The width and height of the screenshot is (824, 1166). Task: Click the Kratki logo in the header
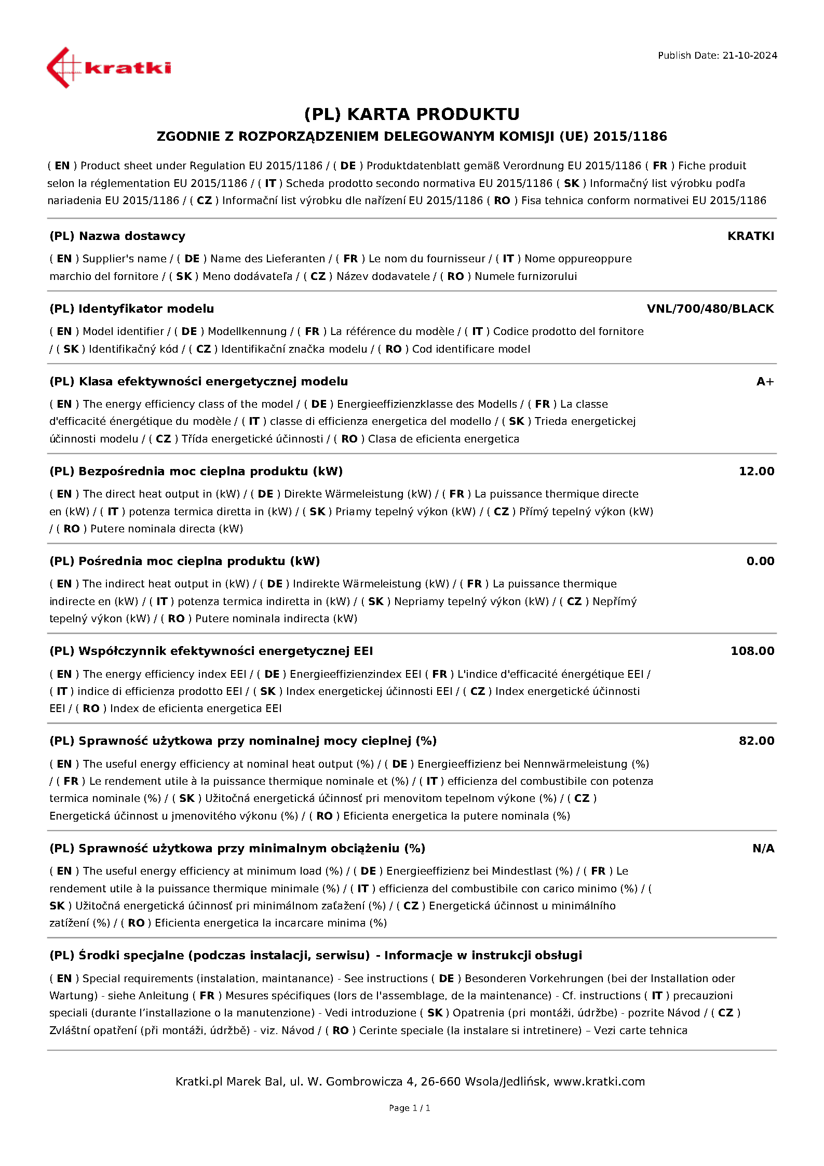point(109,68)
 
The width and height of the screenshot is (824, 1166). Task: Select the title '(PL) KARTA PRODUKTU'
point(412,114)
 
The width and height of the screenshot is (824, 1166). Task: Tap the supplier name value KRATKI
point(750,236)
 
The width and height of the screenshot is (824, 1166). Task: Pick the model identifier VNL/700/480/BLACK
point(710,309)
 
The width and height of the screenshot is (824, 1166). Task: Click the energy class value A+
point(765,382)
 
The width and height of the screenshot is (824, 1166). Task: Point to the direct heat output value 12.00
point(756,472)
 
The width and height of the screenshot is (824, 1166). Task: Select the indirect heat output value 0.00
point(760,561)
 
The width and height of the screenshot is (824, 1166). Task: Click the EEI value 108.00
point(752,651)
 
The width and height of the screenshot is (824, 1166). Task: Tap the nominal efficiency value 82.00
point(756,741)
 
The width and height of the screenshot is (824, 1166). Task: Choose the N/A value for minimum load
point(763,849)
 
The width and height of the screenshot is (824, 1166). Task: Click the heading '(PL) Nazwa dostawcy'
point(117,236)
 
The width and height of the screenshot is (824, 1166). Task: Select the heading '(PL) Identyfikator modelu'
point(132,309)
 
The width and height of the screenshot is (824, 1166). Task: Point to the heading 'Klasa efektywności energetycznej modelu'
point(213,382)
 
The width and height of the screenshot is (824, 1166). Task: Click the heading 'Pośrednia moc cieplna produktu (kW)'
point(199,561)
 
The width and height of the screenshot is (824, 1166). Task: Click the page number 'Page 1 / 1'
point(409,1108)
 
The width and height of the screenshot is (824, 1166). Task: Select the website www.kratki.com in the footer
point(599,1082)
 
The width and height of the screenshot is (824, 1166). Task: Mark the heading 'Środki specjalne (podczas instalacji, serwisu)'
point(224,956)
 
